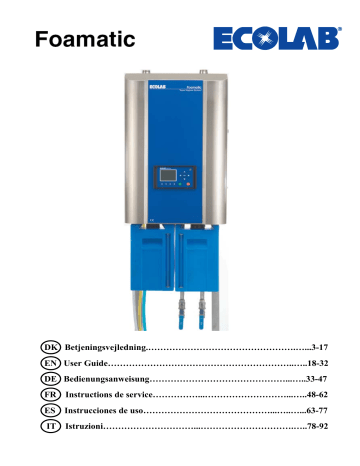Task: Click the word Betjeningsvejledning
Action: pyautogui.click(x=103, y=345)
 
